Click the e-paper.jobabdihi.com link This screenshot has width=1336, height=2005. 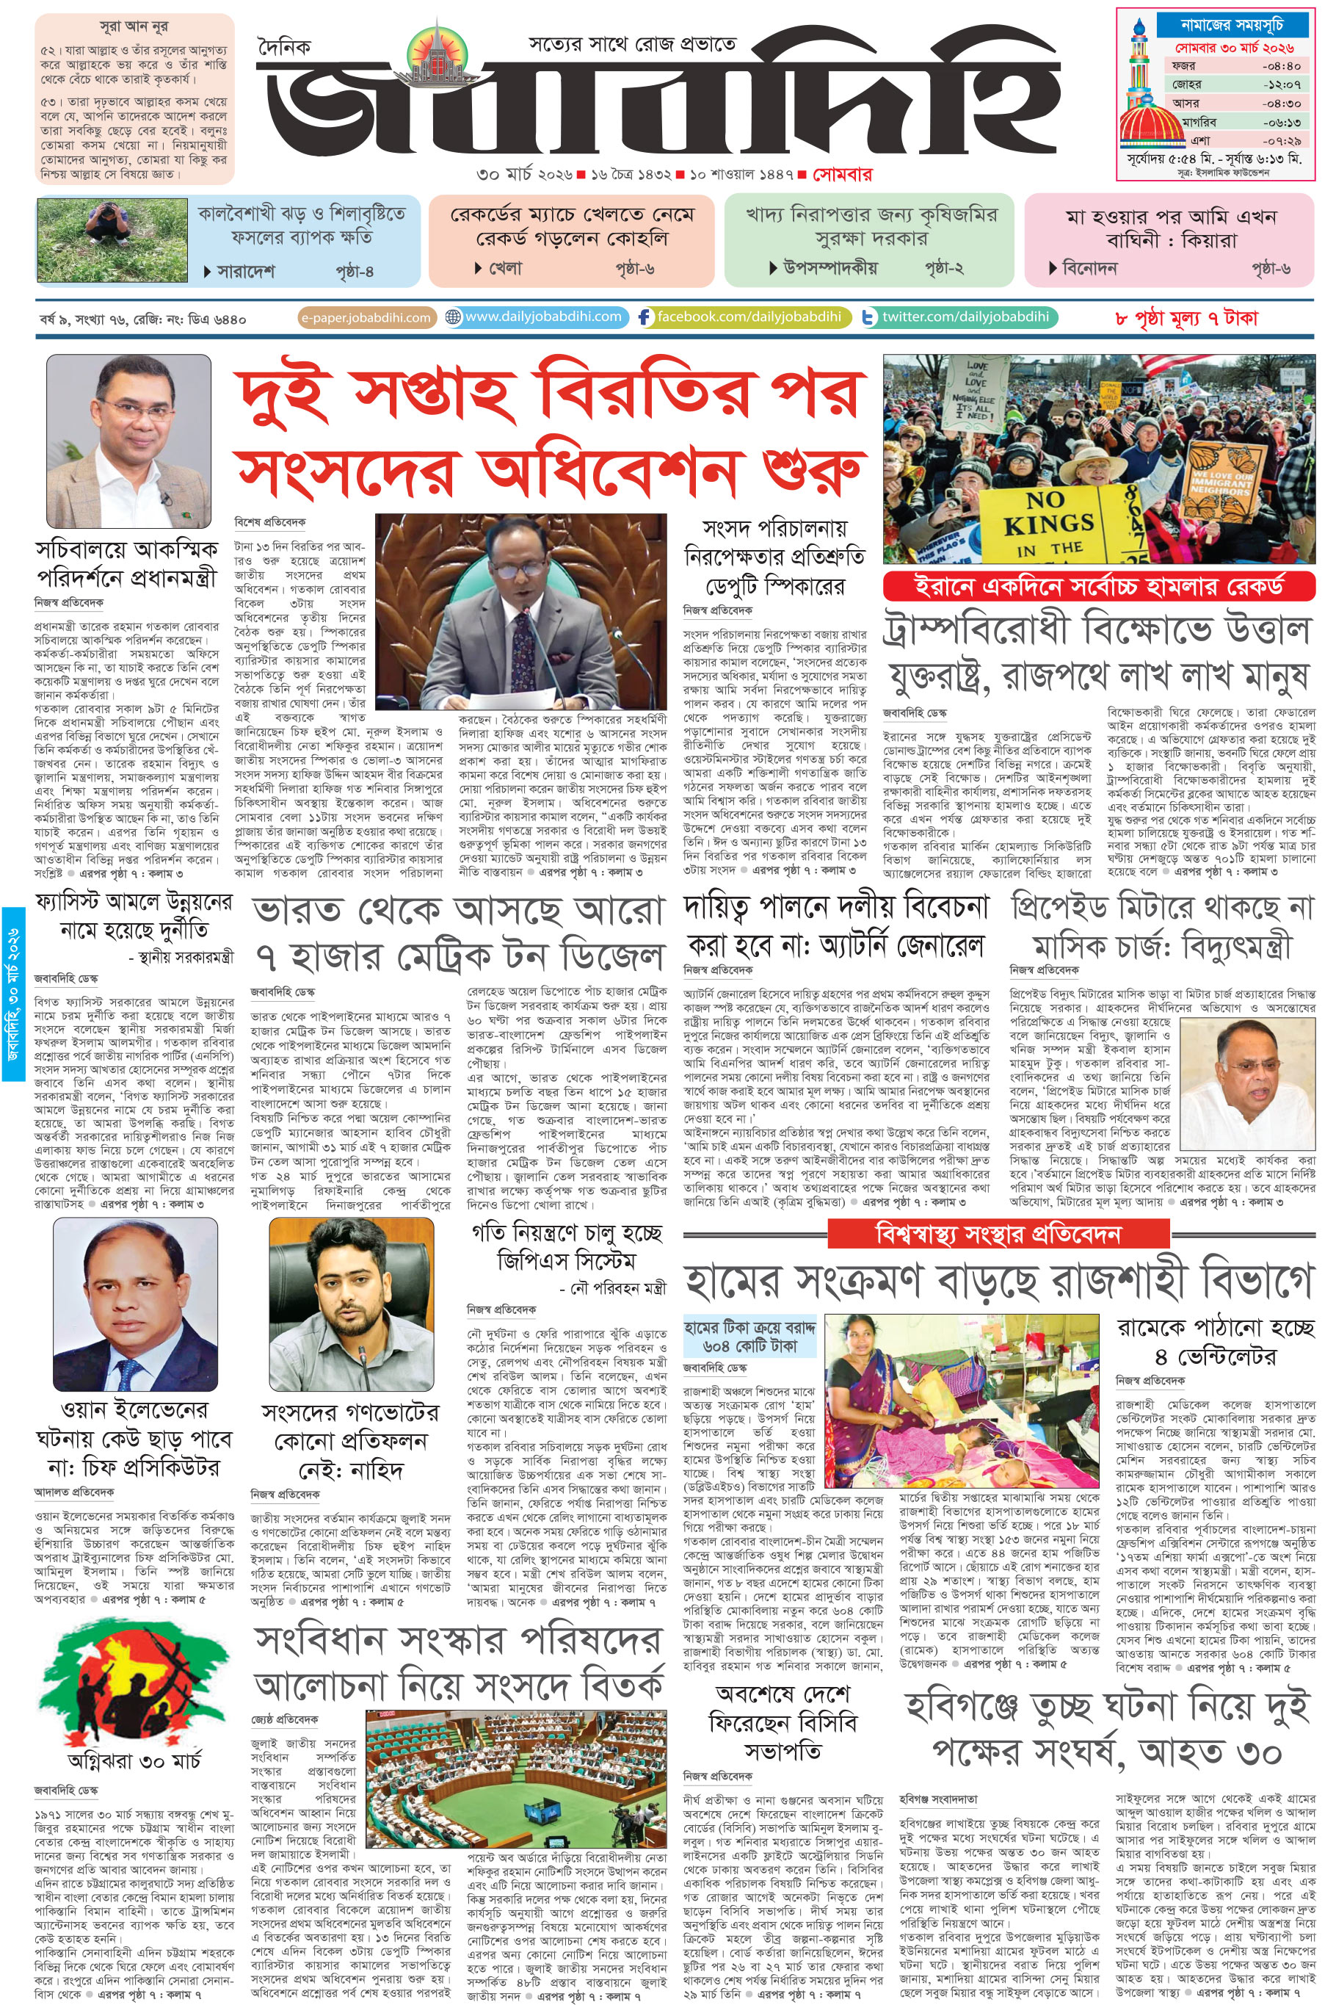coord(366,318)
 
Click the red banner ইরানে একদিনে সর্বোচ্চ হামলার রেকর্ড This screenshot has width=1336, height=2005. coord(1099,587)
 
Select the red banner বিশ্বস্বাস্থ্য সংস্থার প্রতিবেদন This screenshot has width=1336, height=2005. coord(998,1234)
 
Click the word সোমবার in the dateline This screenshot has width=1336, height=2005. coord(842,175)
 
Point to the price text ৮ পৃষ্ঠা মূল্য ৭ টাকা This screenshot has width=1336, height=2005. coord(1186,319)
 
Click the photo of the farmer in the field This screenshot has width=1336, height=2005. coord(112,241)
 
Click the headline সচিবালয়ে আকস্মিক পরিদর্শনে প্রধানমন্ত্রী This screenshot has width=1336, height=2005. coord(127,563)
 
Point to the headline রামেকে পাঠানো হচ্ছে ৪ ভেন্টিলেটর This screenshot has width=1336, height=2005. coord(1214,1342)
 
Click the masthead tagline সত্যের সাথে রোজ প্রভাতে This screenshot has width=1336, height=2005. coord(631,43)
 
